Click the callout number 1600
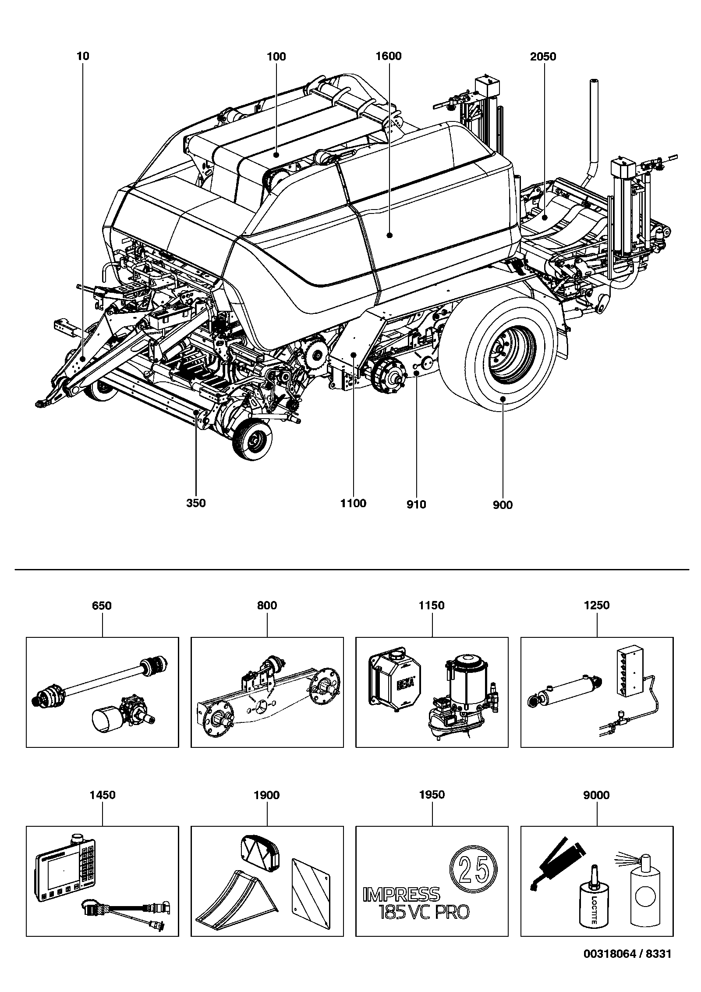[389, 56]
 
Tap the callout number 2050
[543, 57]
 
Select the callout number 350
[196, 503]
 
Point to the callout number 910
[416, 505]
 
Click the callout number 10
[83, 56]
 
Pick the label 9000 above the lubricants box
[597, 795]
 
